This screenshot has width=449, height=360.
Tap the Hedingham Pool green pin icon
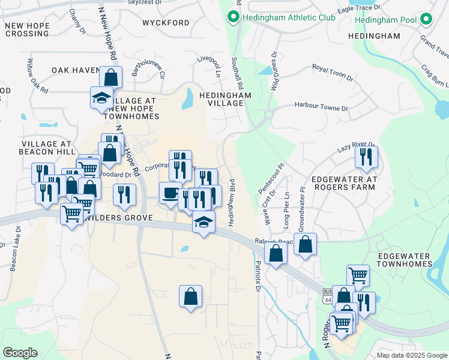(x=427, y=20)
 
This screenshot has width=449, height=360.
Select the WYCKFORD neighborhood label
(x=166, y=23)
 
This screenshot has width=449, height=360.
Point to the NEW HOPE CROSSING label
(x=26, y=29)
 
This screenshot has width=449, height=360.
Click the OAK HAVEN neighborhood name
(x=75, y=70)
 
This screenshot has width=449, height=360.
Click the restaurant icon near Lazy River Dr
(x=366, y=156)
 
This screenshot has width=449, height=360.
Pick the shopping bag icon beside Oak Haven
(x=111, y=76)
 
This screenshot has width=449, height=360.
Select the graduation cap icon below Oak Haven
(x=101, y=97)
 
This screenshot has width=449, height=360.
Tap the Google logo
(x=20, y=353)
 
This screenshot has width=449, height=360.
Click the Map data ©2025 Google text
(x=411, y=355)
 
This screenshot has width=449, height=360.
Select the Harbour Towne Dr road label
(x=321, y=107)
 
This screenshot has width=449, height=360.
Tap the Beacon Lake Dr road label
(x=14, y=249)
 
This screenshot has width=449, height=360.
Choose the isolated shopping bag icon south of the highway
(x=190, y=296)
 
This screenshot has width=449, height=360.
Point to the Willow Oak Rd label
(x=36, y=76)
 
